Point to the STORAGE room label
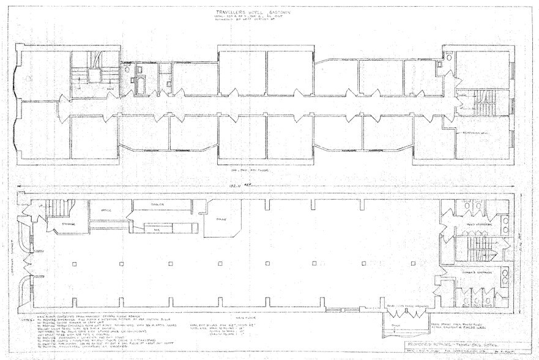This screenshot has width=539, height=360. (x=68, y=225)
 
